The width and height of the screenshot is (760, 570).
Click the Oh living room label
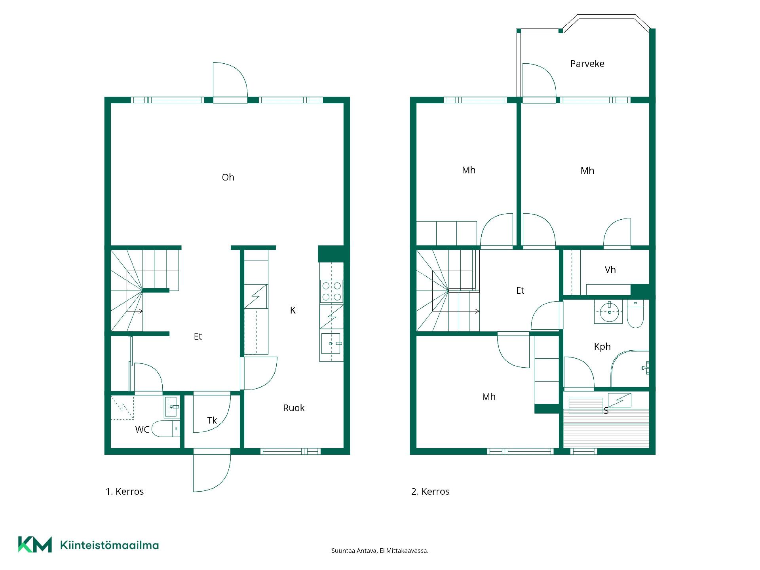point(228,177)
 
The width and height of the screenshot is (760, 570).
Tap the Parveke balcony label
point(587,64)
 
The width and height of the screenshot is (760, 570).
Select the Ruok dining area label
point(294,408)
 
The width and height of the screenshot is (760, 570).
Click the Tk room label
point(212,420)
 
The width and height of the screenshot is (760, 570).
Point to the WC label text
point(142,429)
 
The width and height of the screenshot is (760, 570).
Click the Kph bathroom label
point(602,347)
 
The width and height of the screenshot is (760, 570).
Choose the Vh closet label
point(610,270)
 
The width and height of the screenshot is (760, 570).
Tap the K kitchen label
point(293,310)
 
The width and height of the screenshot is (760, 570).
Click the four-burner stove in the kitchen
point(332,291)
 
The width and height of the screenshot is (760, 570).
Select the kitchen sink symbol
point(331,343)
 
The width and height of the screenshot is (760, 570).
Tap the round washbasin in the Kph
point(609,312)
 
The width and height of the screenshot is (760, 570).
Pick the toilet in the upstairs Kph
point(635,314)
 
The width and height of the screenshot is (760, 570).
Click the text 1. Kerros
point(125,492)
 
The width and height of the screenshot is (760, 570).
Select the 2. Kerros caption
point(430,492)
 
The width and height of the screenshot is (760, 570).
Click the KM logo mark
point(35,545)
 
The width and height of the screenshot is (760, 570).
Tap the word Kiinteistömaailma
point(109,545)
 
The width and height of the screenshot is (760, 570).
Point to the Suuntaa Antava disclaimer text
point(380,551)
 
